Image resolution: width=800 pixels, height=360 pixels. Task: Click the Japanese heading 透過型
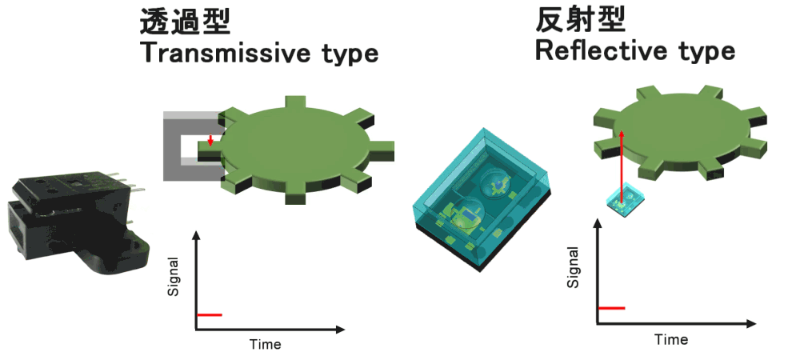[186, 22]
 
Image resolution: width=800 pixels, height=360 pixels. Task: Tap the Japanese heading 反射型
[581, 20]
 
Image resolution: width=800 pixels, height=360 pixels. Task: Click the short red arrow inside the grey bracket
[210, 141]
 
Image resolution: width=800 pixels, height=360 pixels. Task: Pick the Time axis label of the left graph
[266, 345]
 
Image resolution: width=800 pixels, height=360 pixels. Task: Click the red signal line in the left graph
[210, 314]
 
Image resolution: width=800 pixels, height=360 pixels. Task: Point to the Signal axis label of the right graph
[574, 267]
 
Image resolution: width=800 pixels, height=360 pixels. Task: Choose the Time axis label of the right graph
[671, 340]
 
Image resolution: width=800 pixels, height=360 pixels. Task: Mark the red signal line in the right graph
[612, 308]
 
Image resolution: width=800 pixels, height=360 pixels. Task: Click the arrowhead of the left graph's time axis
[340, 330]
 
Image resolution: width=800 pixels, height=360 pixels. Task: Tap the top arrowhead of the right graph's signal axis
[597, 222]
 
